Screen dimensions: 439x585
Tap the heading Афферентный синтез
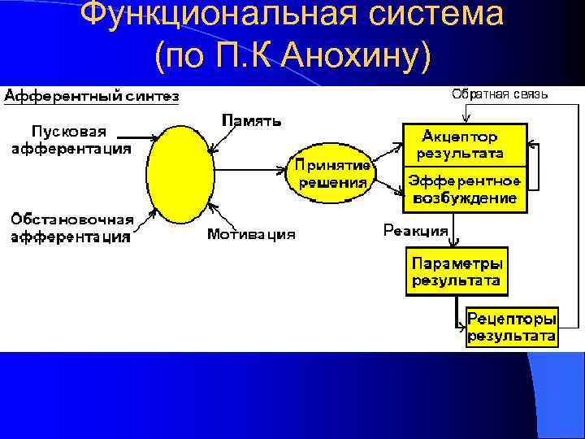(92, 97)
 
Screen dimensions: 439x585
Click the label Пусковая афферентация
(71, 140)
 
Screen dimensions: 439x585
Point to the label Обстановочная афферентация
(71, 228)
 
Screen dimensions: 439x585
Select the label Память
(253, 121)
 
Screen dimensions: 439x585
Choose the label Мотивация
(251, 234)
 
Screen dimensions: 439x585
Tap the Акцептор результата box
(464, 144)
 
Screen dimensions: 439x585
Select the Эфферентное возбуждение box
(464, 189)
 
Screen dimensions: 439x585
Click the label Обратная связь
(500, 94)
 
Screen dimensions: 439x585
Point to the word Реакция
(415, 230)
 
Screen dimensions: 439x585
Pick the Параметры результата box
(457, 272)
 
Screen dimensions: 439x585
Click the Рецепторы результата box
(511, 326)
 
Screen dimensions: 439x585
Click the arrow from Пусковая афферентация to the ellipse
(141, 138)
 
